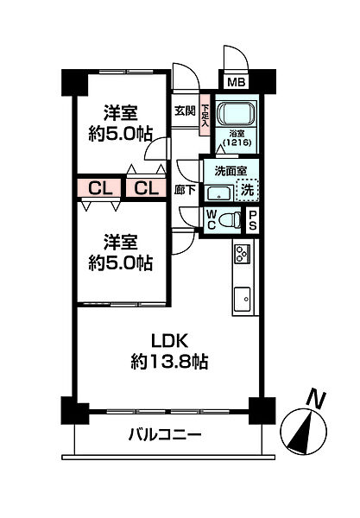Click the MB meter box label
click(234, 83)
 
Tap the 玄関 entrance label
click(184, 110)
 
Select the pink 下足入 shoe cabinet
click(205, 116)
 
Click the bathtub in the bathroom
click(232, 114)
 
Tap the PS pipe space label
click(253, 220)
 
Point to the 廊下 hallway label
click(184, 189)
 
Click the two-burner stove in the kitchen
click(241, 255)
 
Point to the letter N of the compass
click(318, 399)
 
